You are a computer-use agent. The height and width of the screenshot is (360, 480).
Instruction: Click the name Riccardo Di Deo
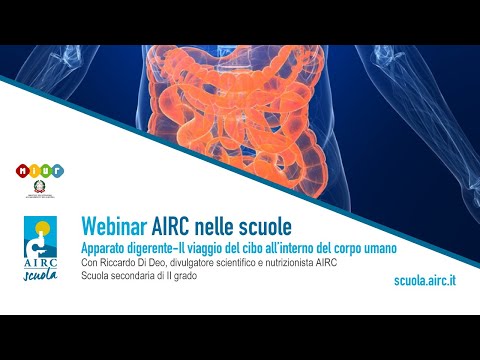[134, 263]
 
